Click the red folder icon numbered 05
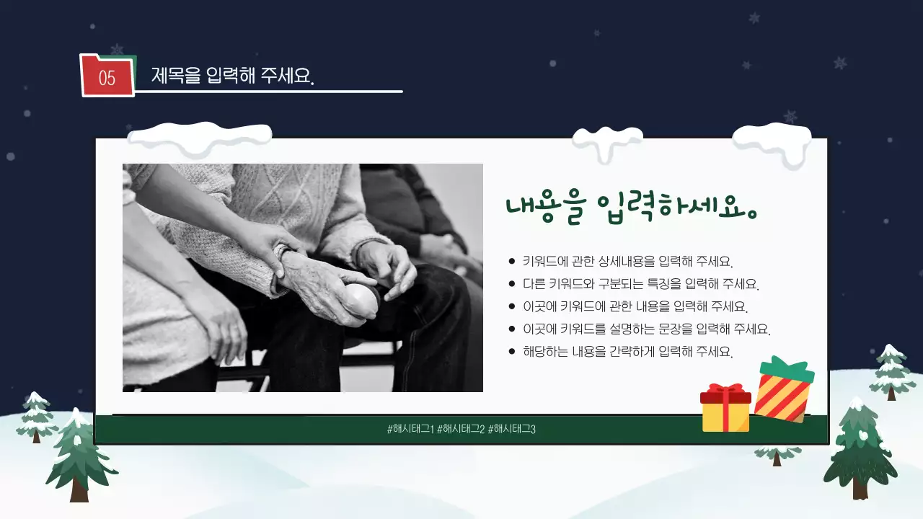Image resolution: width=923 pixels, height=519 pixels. click(x=107, y=76)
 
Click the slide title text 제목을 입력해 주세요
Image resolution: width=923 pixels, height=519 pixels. click(x=233, y=76)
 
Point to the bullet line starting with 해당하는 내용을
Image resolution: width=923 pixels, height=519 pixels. click(x=627, y=352)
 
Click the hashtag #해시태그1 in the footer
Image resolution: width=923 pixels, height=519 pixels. click(x=410, y=430)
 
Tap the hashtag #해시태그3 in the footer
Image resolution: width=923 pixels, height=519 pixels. click(x=512, y=430)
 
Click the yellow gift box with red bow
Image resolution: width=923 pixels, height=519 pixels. click(x=725, y=409)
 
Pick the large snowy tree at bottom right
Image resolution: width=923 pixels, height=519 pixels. click(x=860, y=451)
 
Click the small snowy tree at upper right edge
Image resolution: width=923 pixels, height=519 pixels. click(x=892, y=372)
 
